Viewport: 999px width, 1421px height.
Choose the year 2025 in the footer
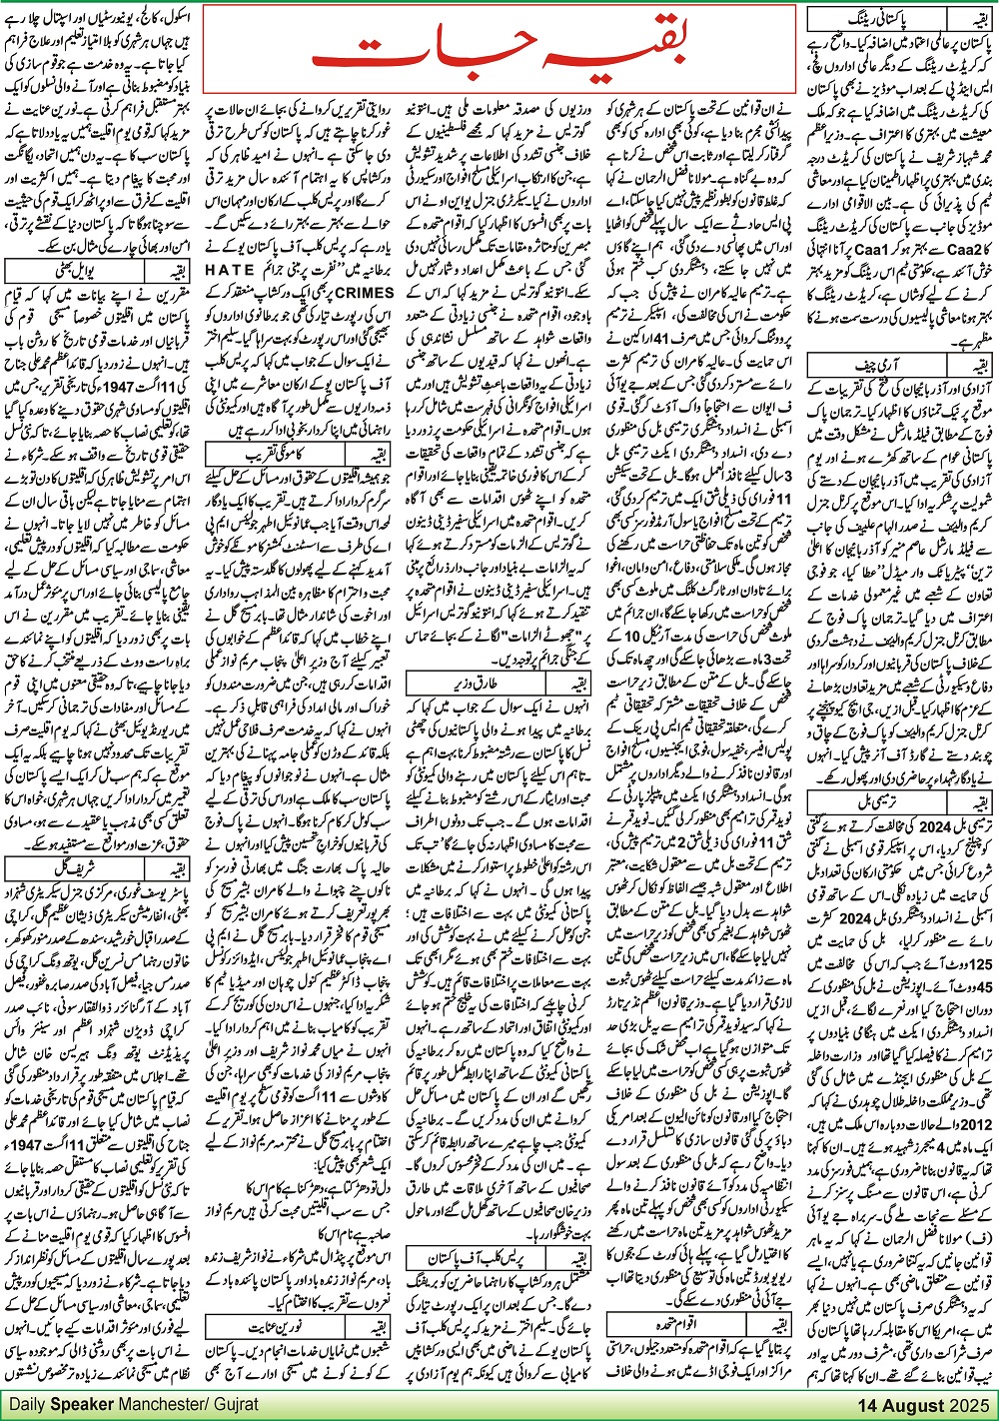[969, 1405]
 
